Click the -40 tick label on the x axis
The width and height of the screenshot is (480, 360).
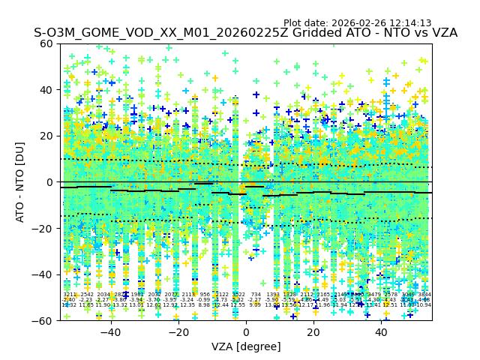110,332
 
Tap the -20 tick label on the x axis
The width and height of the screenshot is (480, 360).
178,332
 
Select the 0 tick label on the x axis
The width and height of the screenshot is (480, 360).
246,332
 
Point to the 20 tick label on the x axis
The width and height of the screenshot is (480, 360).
313,332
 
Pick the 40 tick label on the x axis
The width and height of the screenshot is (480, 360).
382,332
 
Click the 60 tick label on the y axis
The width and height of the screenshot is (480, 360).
46,43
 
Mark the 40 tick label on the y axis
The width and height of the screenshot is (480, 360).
46,90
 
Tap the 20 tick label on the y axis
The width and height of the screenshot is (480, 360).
46,136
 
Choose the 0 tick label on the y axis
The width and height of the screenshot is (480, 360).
49,182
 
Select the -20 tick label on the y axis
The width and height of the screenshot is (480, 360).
43,228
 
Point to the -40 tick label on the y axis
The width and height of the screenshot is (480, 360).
43,274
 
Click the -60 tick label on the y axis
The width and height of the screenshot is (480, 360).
43,320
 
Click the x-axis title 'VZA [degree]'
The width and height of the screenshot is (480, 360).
246,346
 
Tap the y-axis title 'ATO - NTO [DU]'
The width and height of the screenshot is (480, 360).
20,182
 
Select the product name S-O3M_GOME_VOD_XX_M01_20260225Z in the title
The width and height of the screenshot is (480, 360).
136,34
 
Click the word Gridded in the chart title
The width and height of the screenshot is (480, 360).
268,34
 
